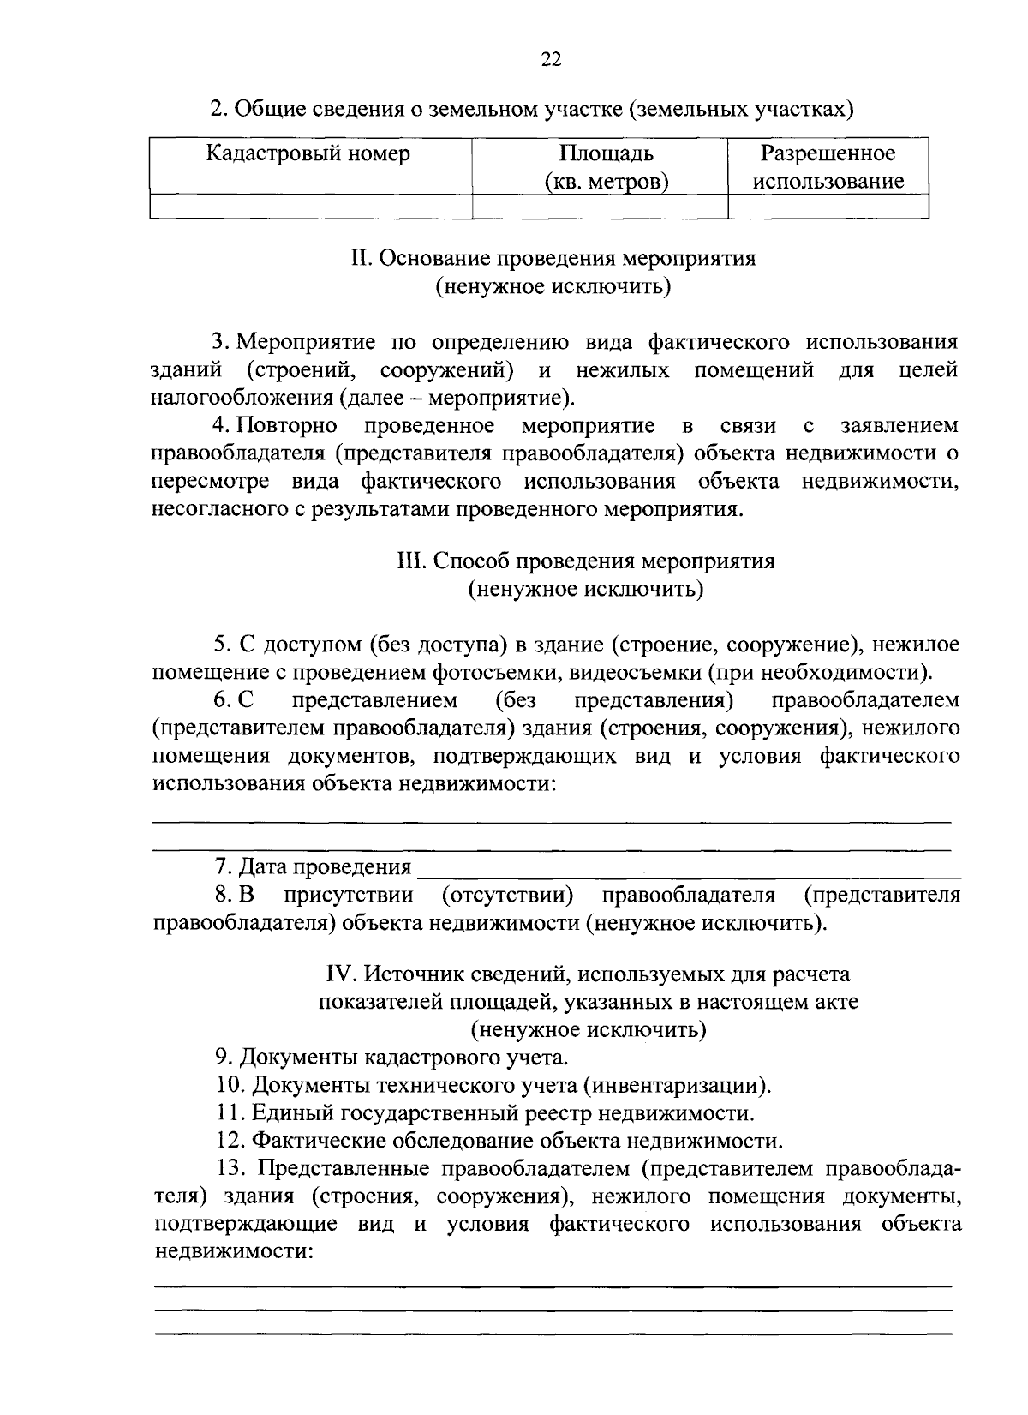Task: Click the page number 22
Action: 551,58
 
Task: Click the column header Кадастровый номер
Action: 308,153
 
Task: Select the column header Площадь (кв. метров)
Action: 606,167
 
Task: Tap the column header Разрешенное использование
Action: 828,167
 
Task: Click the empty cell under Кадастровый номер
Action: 311,207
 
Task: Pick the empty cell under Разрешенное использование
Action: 828,207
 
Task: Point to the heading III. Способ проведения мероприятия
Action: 586,561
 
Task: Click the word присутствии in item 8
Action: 349,896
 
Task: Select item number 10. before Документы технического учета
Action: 230,1086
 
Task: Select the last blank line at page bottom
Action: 553,1334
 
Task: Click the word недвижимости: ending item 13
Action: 232,1251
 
